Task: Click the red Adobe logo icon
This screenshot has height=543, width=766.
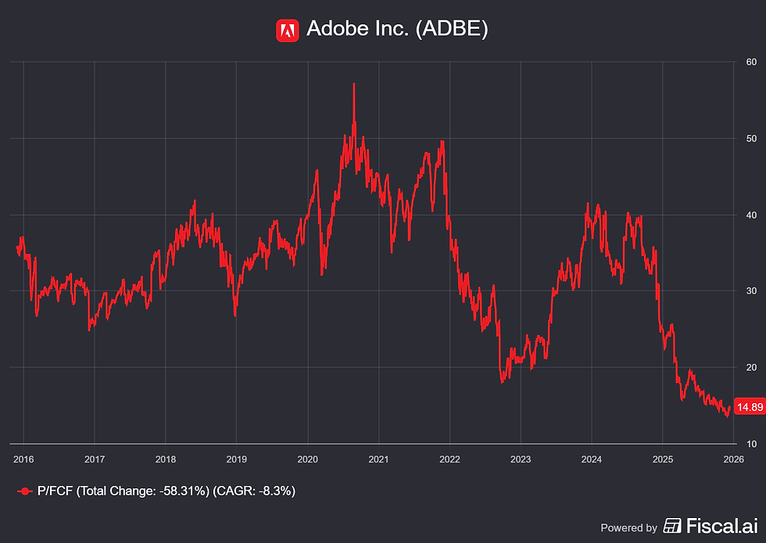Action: coord(288,30)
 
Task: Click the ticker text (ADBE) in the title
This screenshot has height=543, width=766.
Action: coord(452,29)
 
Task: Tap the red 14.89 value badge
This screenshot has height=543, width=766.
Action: coord(750,407)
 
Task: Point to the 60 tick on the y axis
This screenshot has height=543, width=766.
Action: coord(751,62)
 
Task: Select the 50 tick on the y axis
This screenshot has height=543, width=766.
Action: coord(751,139)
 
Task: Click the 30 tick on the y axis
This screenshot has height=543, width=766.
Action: coord(751,291)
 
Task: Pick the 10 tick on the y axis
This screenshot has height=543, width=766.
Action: coord(751,444)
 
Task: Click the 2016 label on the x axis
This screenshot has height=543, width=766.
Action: coord(23,459)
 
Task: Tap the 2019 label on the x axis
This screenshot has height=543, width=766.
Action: coord(236,459)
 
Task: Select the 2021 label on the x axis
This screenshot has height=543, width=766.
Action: coord(378,459)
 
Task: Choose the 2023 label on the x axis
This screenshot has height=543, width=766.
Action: coord(521,459)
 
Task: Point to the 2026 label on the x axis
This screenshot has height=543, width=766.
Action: coord(734,459)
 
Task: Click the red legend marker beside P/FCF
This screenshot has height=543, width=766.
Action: coord(25,491)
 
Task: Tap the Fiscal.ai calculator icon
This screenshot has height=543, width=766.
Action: coord(672,526)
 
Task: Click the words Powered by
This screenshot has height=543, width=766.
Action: coord(628,528)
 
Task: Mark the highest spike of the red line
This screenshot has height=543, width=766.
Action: coord(353,84)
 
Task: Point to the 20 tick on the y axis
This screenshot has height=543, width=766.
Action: coord(751,368)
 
